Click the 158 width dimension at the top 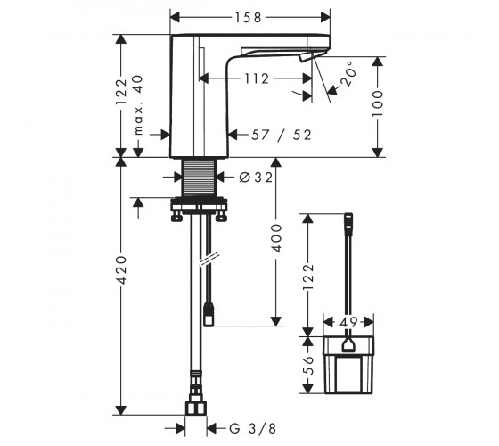pos(249,18)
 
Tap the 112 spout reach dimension pos(257,78)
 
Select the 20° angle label pos(347,74)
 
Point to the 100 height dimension pos(378,103)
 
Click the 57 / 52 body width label pos(281,135)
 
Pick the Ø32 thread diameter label pos(256,178)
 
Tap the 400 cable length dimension pos(277,238)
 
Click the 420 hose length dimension pos(121,269)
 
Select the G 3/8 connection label pos(253,428)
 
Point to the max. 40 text pos(138,105)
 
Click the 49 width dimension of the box pos(348,322)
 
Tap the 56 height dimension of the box pos(308,365)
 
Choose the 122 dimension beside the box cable pos(308,277)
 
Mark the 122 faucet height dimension pos(121,92)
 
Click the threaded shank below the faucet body pos(199,178)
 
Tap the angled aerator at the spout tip pos(306,58)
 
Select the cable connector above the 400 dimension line pos(209,315)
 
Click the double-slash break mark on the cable pos(209,259)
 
